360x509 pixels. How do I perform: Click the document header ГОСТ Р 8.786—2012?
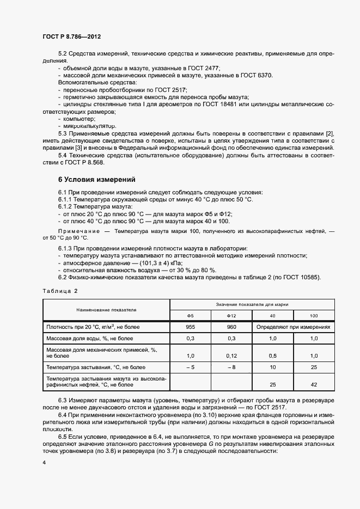pos(71,36)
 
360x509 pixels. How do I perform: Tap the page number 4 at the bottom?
pos(44,462)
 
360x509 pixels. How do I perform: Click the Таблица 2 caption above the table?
pos(60,291)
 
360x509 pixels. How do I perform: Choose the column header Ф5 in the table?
pos(191,316)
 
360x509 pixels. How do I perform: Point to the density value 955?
pos(191,328)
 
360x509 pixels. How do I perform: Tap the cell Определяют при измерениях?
pos(294,328)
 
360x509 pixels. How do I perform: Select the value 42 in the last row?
pos(314,384)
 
